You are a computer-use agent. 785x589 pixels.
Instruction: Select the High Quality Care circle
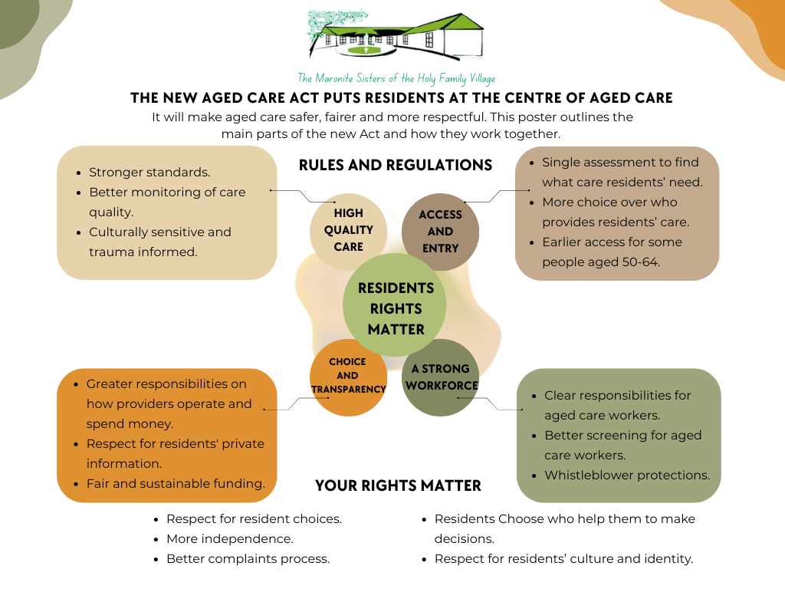tap(348, 231)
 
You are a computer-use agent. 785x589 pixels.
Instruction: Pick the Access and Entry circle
tap(440, 232)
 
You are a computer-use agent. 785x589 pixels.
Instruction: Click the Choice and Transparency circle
tap(347, 376)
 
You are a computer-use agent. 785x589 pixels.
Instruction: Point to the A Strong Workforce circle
tap(440, 377)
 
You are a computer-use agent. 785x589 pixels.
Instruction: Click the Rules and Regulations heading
tap(395, 165)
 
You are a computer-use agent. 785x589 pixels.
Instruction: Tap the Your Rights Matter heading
tap(398, 485)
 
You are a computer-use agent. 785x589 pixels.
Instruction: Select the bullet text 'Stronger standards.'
tap(149, 173)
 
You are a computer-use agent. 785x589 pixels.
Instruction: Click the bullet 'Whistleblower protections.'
tap(627, 475)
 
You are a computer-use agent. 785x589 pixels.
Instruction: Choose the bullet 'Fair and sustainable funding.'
tap(176, 483)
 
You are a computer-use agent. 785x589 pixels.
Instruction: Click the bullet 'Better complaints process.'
tap(248, 558)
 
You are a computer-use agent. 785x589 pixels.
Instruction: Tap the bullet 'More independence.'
tap(229, 538)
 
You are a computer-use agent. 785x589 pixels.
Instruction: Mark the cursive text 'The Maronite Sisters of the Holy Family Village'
tap(396, 78)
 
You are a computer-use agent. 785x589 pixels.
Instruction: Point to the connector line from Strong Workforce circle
tap(491, 402)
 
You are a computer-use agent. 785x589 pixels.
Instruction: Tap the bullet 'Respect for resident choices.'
tap(254, 518)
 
